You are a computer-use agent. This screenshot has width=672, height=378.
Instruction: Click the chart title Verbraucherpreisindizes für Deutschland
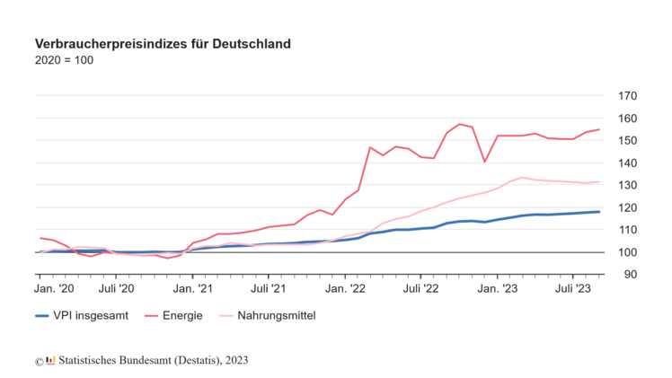163,43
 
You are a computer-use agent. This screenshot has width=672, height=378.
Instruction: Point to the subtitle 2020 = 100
64,60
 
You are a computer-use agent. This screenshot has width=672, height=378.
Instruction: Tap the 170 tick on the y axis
627,96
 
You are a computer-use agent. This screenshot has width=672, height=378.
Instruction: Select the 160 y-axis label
627,119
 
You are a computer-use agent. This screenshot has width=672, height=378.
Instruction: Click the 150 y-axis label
627,141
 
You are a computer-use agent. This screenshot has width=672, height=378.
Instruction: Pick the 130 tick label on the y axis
627,185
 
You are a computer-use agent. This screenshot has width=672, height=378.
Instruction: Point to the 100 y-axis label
627,252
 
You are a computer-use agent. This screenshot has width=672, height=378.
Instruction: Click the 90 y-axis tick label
630,275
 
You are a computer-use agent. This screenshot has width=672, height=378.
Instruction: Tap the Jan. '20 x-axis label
54,289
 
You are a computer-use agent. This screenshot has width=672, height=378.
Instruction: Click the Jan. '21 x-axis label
193,289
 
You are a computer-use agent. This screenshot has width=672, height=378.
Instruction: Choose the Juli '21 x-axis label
269,289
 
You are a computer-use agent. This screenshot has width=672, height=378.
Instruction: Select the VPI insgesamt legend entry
82,316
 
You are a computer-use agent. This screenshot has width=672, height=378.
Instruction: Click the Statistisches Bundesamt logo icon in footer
50,361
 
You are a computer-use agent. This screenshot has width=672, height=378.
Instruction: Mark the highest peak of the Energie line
459,124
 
